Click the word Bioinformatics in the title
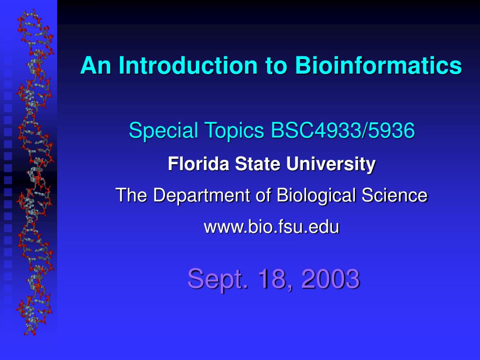coord(378,66)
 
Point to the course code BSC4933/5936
coord(343,131)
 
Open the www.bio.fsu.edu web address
coord(271,227)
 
